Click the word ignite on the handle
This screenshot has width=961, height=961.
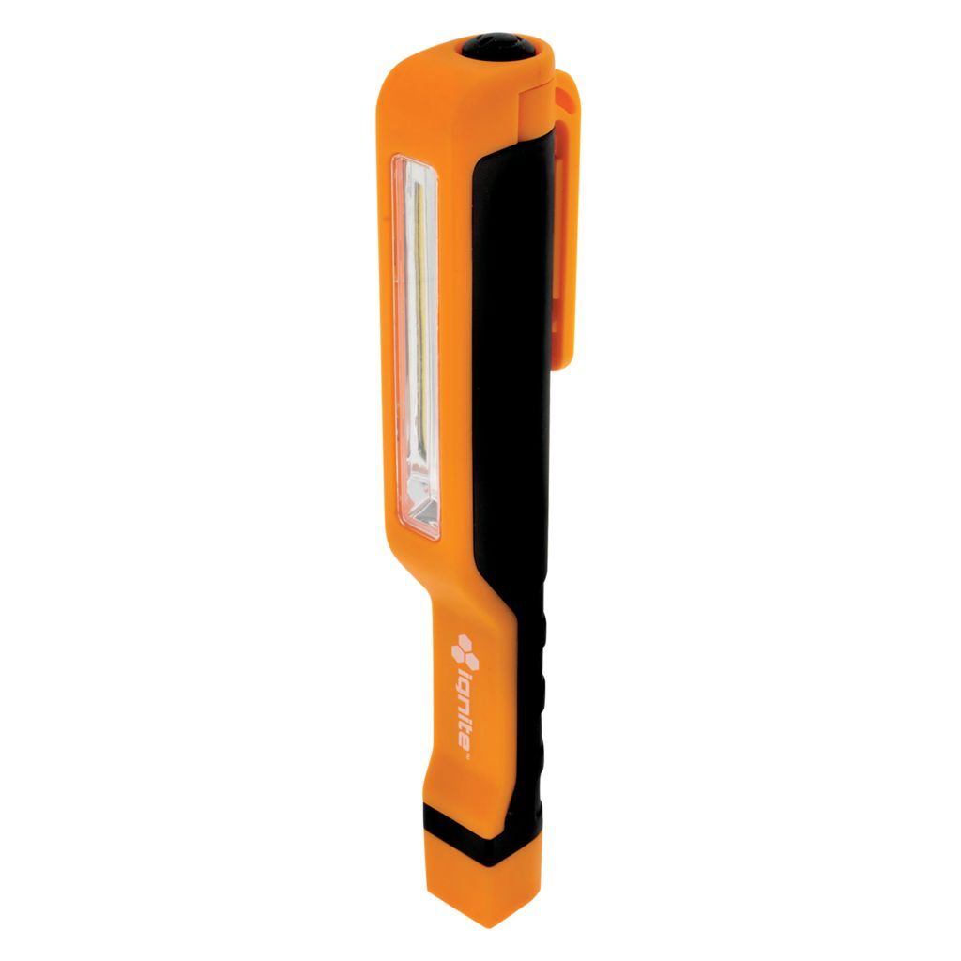tap(465, 704)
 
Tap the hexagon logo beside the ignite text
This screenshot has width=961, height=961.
tap(462, 648)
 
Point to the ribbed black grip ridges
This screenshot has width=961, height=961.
tap(542, 694)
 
